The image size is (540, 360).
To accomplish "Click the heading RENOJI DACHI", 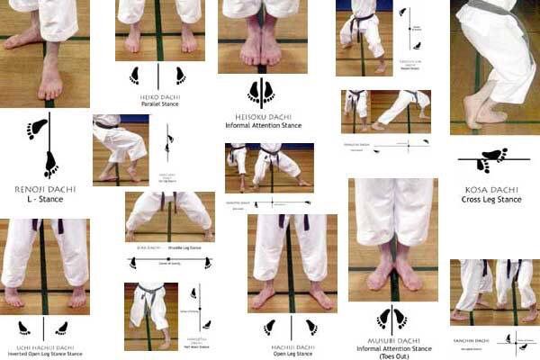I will coord(45,192).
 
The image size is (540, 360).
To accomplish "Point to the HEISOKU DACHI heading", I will coord(263,114).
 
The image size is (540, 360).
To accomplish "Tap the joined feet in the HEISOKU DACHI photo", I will coord(261,49).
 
